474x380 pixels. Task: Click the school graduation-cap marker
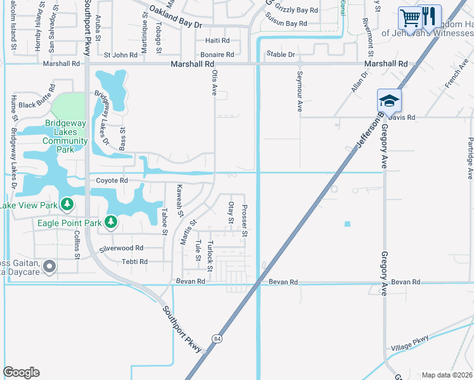tap(388, 100)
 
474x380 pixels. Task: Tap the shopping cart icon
tap(410, 16)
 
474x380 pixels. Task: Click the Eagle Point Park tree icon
tap(111, 222)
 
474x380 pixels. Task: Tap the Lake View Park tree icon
tap(67, 205)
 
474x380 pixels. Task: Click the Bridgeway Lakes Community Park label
tap(65, 137)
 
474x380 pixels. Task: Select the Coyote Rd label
tap(112, 180)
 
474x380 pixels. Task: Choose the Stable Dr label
tap(281, 54)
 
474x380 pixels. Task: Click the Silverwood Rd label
tap(121, 248)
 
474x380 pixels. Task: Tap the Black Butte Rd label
tap(36, 104)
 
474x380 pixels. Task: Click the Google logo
tap(21, 372)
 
